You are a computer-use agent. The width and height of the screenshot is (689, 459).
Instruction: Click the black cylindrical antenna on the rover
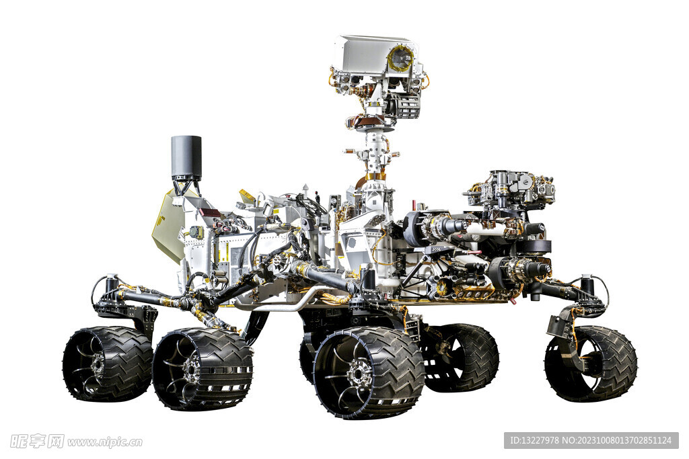pyautogui.click(x=186, y=157)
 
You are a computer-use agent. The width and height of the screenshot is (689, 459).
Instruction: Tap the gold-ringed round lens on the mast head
pyautogui.click(x=401, y=58)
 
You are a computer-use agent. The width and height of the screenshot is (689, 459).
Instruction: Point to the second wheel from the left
pyautogui.click(x=202, y=369)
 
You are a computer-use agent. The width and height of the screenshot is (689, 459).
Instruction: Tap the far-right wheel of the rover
pyautogui.click(x=591, y=364)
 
